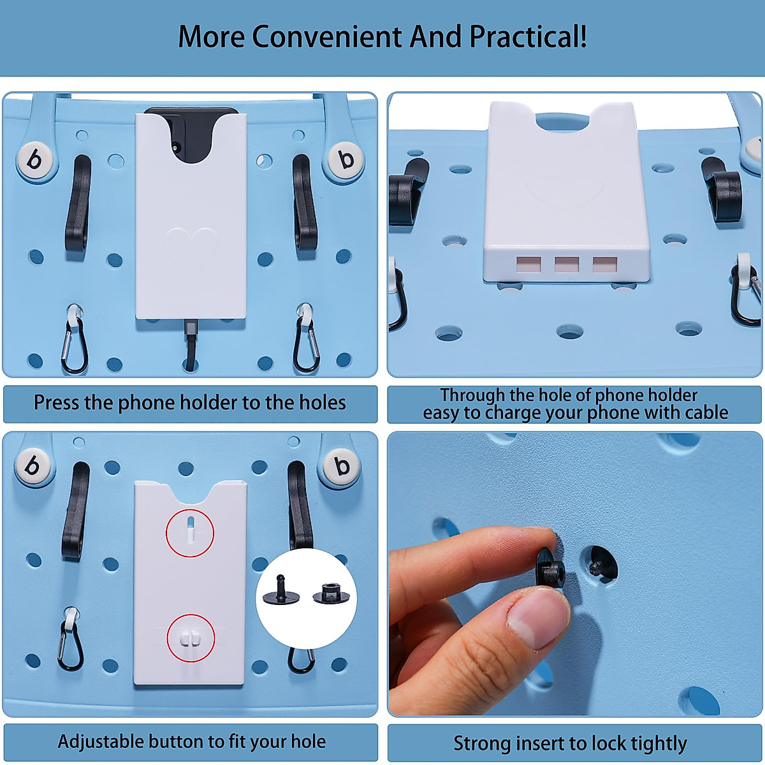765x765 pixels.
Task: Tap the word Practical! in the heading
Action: pos(528,37)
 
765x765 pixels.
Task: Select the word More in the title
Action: pos(211,37)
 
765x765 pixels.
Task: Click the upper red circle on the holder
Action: pos(190,533)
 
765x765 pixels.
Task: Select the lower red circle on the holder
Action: pos(191,638)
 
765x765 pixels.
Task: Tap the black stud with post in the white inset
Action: pos(281,592)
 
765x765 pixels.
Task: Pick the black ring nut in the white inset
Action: pos(331,595)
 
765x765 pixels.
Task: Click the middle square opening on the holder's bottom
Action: pos(566,264)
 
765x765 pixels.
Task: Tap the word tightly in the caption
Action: pos(659,743)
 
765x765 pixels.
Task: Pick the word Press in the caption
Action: pos(56,403)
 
